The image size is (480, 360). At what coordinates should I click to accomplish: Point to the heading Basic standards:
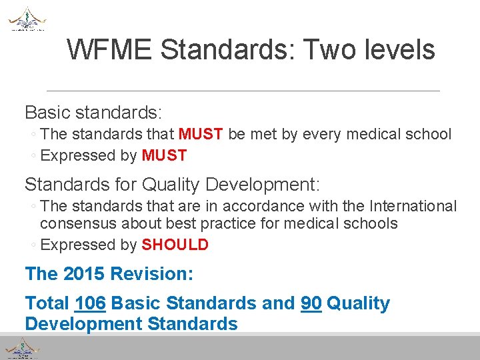point(94,111)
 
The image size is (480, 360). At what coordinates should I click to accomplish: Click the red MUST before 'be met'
point(201,134)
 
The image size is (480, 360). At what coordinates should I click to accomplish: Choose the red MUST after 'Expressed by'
point(164,156)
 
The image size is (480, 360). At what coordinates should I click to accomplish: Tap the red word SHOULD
point(175,245)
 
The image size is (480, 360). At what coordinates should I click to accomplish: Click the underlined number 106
point(91,303)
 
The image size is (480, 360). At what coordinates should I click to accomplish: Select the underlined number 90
point(311,303)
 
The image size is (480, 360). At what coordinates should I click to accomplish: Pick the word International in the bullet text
point(407,207)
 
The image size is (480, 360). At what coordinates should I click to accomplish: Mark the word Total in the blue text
point(47,303)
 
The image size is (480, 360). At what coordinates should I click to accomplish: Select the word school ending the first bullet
point(429,134)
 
